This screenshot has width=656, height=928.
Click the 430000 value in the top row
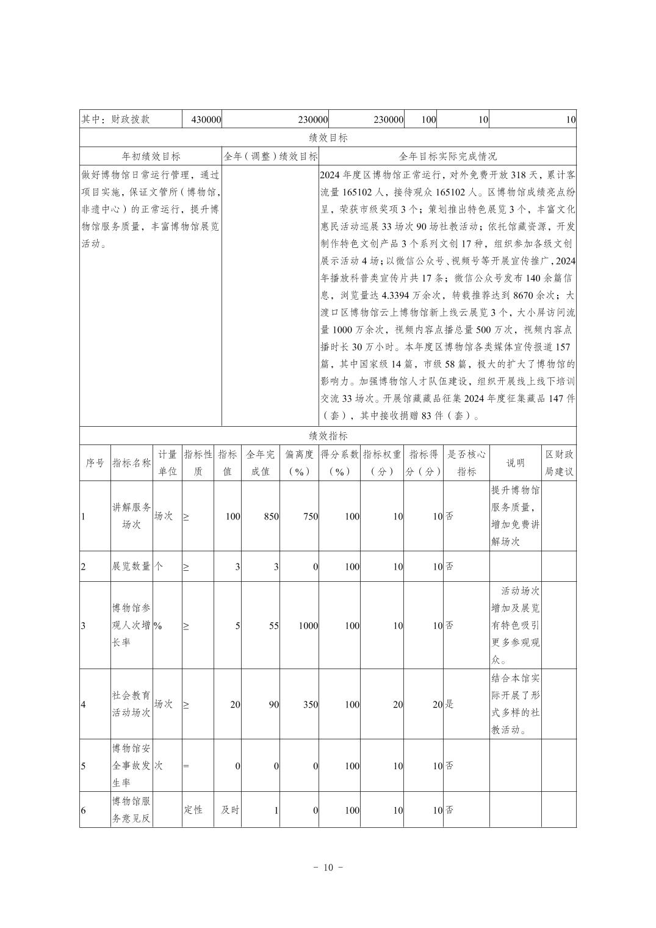206,120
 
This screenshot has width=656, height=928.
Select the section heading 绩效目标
328,138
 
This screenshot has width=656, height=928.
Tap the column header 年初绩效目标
151,156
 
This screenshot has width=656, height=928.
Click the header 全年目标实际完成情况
447,156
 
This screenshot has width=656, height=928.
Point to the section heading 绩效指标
328,436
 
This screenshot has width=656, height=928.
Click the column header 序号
95,463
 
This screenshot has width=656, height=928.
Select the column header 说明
515,463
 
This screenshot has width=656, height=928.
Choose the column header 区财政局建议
559,463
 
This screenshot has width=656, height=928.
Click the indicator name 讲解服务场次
131,516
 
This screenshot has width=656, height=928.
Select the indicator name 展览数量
131,567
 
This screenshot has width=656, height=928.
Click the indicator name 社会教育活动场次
131,704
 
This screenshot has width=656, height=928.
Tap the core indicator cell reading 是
449,705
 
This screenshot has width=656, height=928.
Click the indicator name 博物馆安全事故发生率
131,766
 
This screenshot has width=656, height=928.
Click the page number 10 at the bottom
328,868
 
